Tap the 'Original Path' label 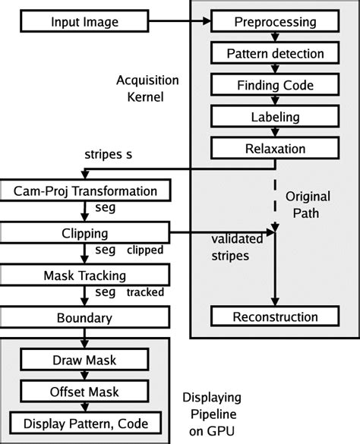[x=308, y=204]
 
